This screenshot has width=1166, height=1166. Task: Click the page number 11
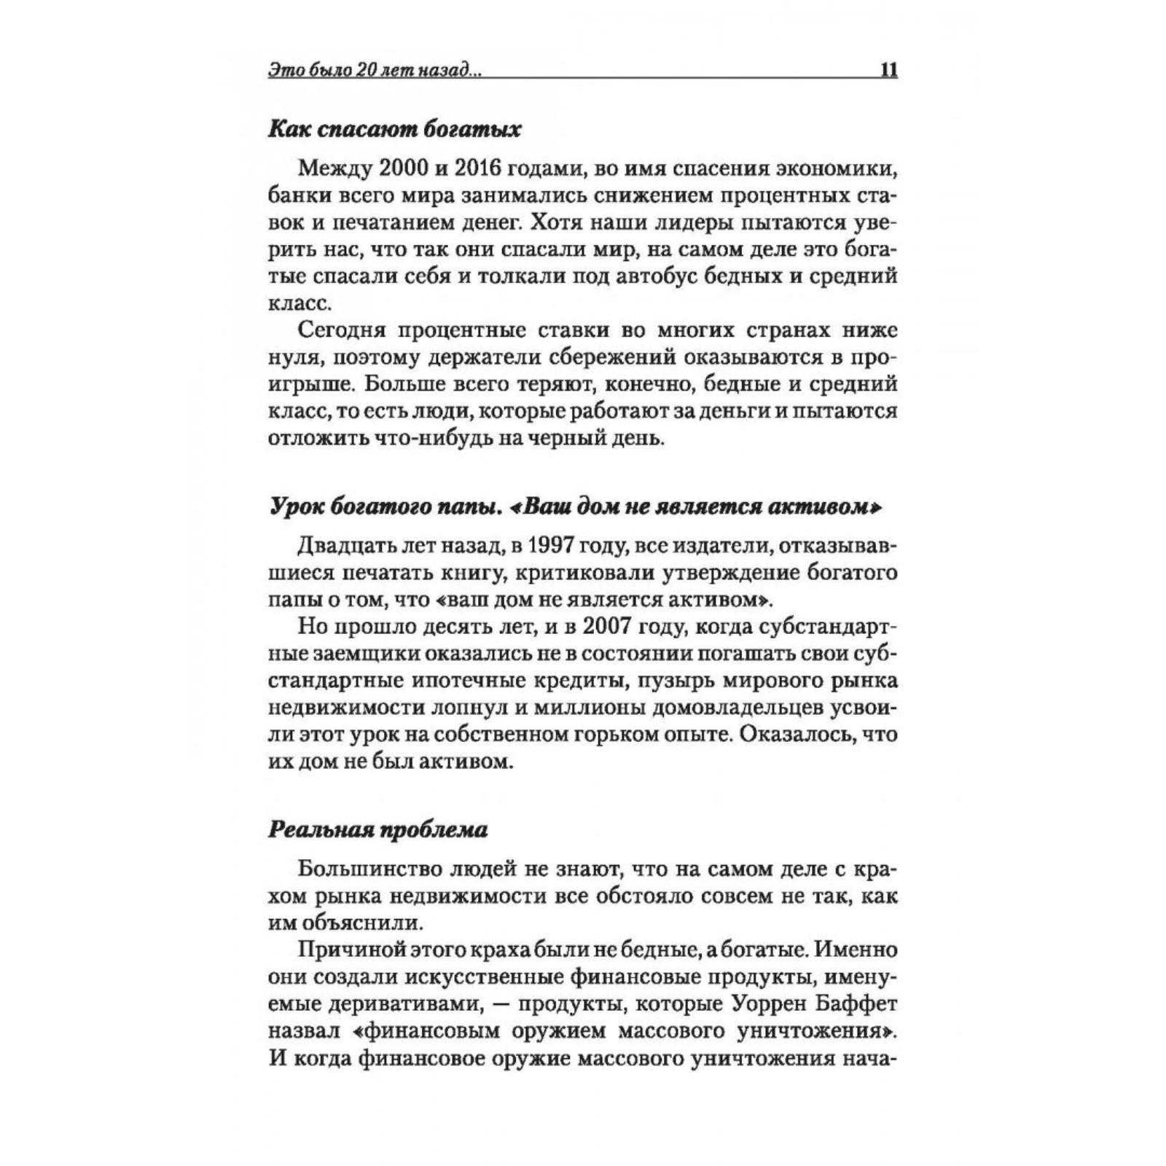[888, 71]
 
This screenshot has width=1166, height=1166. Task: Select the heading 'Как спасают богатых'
[395, 130]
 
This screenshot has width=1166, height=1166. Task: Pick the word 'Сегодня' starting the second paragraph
[341, 330]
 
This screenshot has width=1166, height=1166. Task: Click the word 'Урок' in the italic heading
[297, 508]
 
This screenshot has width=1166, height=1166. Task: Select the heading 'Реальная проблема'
[378, 830]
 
